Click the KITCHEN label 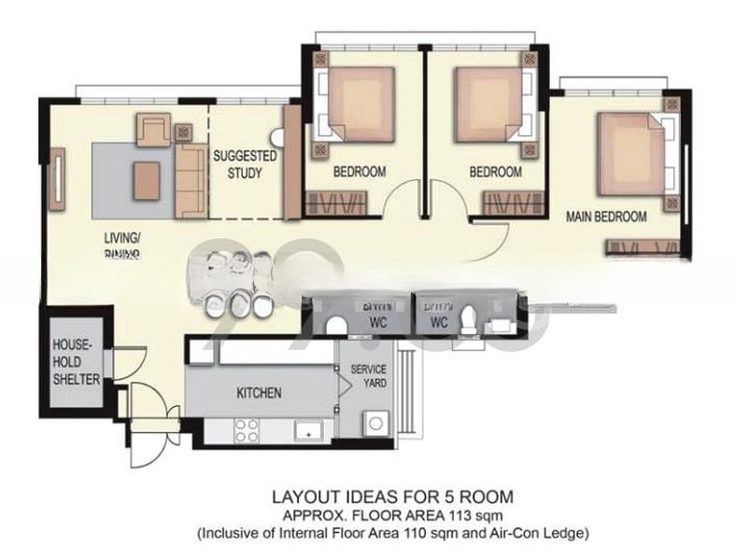(x=259, y=393)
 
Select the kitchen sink (x=307, y=429)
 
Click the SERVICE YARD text (x=368, y=376)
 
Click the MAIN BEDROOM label (x=606, y=217)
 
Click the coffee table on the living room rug (x=146, y=181)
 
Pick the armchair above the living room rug (x=153, y=130)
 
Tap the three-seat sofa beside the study (x=191, y=180)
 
